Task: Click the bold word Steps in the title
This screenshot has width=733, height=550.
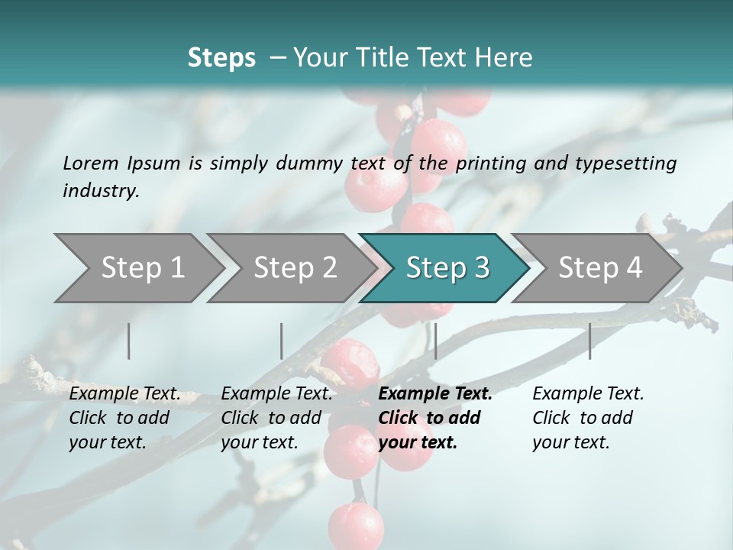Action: (x=221, y=58)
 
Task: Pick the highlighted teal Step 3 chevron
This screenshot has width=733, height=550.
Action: (x=447, y=268)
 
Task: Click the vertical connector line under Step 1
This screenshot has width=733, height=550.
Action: (x=129, y=341)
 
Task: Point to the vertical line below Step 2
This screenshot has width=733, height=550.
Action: (x=282, y=341)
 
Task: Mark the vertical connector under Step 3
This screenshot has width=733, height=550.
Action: (x=435, y=341)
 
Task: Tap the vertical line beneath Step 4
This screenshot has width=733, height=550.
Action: (x=589, y=341)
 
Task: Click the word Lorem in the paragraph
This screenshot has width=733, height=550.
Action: (x=91, y=163)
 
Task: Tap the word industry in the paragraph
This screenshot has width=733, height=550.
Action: (x=101, y=190)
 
